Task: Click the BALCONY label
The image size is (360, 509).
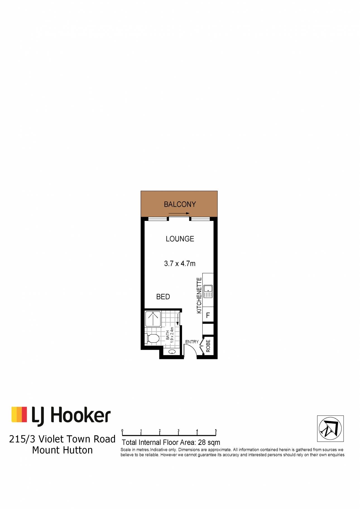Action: pos(180,204)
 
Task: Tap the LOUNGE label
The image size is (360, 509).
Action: pos(180,239)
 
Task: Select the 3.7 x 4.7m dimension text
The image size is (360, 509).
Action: pos(180,263)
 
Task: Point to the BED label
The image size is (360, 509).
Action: pos(163,297)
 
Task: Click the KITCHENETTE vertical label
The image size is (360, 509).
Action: pos(199,295)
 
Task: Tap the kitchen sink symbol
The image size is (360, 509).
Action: pos(208,291)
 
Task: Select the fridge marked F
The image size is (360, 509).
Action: pos(208,315)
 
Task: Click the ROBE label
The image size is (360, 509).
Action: pos(208,346)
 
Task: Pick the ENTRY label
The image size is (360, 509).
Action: pos(192,342)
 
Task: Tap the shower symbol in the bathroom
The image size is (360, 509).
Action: pos(153,319)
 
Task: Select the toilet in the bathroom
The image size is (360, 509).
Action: pos(152,339)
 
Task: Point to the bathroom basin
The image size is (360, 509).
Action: pos(172,352)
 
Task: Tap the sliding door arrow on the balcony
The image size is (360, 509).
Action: pos(179,213)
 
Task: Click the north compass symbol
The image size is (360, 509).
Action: pos(330,428)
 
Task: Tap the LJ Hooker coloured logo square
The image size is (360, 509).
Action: pos(19,414)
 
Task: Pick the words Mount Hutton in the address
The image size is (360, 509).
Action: pos(62,450)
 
